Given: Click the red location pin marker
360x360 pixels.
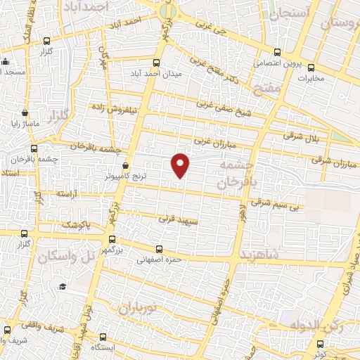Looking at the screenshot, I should (x=181, y=165).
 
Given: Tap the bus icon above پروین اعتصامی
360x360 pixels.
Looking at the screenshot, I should (x=277, y=51).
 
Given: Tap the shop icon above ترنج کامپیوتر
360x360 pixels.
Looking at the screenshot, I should (x=125, y=165).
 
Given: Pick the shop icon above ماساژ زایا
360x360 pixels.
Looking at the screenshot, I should (x=25, y=112).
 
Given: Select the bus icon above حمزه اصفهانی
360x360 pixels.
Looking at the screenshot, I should (x=160, y=248).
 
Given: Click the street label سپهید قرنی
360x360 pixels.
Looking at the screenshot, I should (x=175, y=219).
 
